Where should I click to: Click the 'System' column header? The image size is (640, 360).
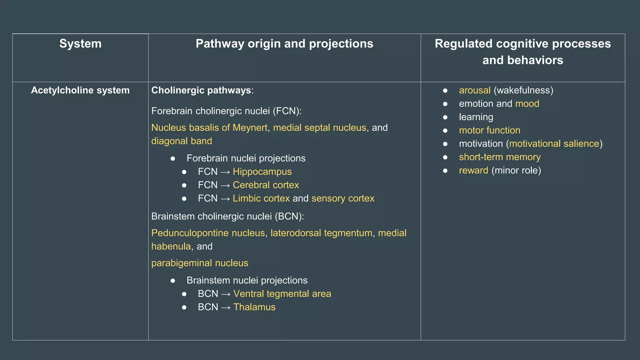coord(80,44)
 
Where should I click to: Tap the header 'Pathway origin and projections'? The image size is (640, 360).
coord(284,44)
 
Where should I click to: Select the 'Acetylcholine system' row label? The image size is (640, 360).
coord(80,90)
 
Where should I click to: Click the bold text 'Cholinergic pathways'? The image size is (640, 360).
coord(201,90)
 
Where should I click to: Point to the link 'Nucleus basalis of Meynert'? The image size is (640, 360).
coord(209,128)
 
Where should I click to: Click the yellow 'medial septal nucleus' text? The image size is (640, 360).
coord(319,128)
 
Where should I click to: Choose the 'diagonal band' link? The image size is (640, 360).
coord(182,141)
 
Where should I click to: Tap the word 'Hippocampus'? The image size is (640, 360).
coord(262,172)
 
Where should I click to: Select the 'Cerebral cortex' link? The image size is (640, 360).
coord(266,185)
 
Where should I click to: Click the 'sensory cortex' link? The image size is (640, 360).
coord(343,198)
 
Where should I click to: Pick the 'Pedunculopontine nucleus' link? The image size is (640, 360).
coord(208,233)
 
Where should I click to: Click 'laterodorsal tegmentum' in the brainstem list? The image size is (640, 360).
coord(321,233)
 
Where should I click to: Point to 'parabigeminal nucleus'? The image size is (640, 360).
coord(200,263)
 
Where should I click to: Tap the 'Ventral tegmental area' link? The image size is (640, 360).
coord(282,294)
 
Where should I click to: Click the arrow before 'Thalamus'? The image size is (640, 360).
coord(226,307)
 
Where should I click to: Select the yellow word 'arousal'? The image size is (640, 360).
coord(474,90)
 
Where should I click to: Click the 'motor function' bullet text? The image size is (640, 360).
coord(489,130)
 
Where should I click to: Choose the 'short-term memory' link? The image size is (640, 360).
coord(500,157)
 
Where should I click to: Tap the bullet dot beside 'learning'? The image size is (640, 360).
coord(445,117)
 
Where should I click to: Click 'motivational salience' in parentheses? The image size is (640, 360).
coord(554,144)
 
